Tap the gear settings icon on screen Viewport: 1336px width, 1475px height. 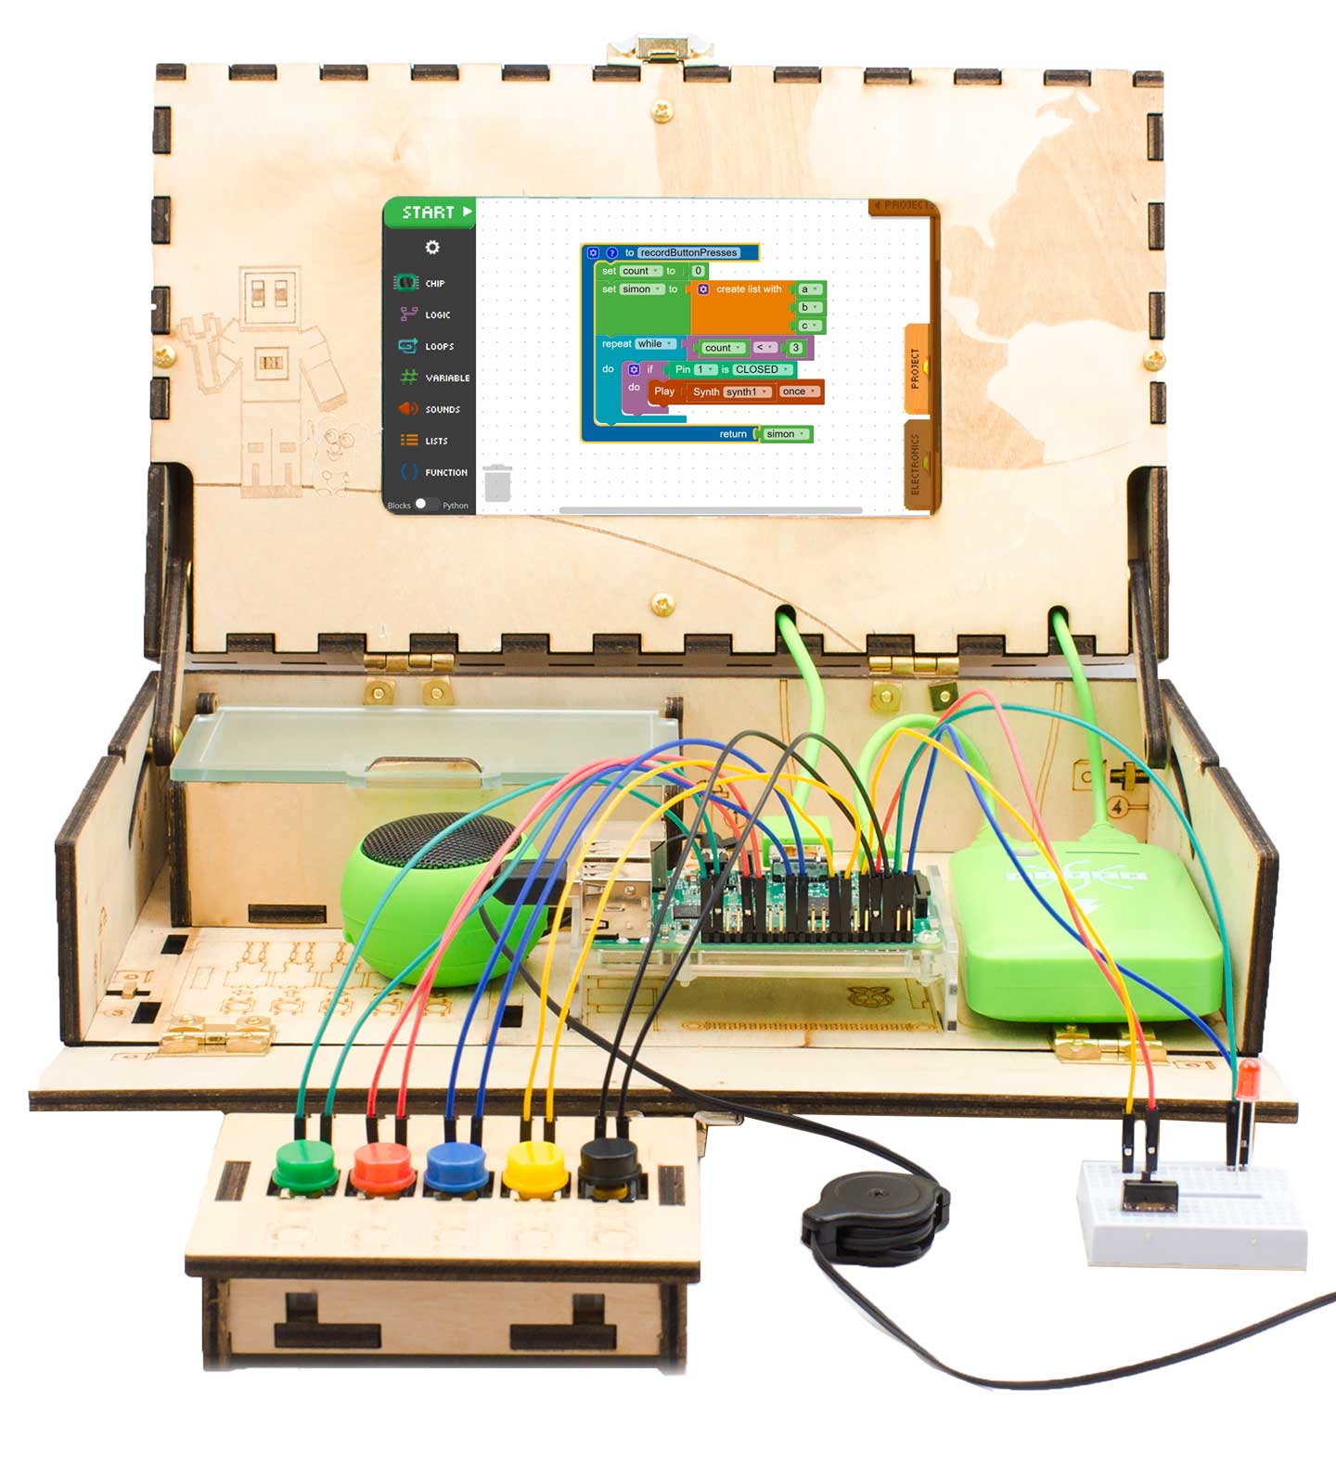(432, 248)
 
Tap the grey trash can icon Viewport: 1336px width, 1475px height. (497, 483)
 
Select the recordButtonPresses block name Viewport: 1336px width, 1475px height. (688, 252)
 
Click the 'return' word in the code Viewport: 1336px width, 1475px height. (733, 434)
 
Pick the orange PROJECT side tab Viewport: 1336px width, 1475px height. (917, 368)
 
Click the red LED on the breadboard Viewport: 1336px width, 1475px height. (1248, 1077)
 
